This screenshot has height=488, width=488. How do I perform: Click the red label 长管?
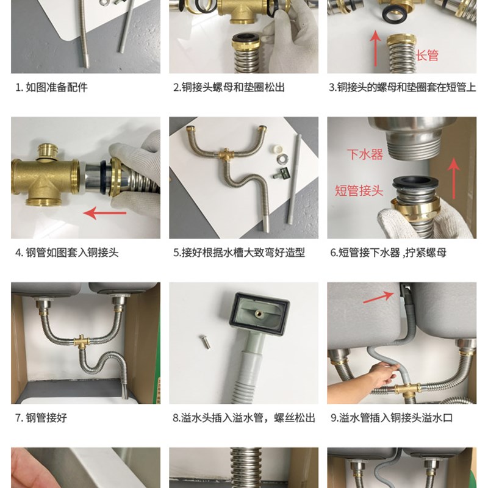click(427, 56)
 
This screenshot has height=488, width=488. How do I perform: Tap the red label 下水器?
click(365, 154)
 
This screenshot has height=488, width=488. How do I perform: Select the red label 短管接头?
click(359, 190)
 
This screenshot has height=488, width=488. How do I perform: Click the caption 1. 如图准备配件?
click(52, 87)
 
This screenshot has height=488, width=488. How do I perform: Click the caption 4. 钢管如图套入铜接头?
click(67, 253)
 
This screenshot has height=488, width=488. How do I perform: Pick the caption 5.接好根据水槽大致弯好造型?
click(239, 253)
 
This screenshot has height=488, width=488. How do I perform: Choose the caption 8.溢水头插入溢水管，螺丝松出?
click(244, 418)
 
